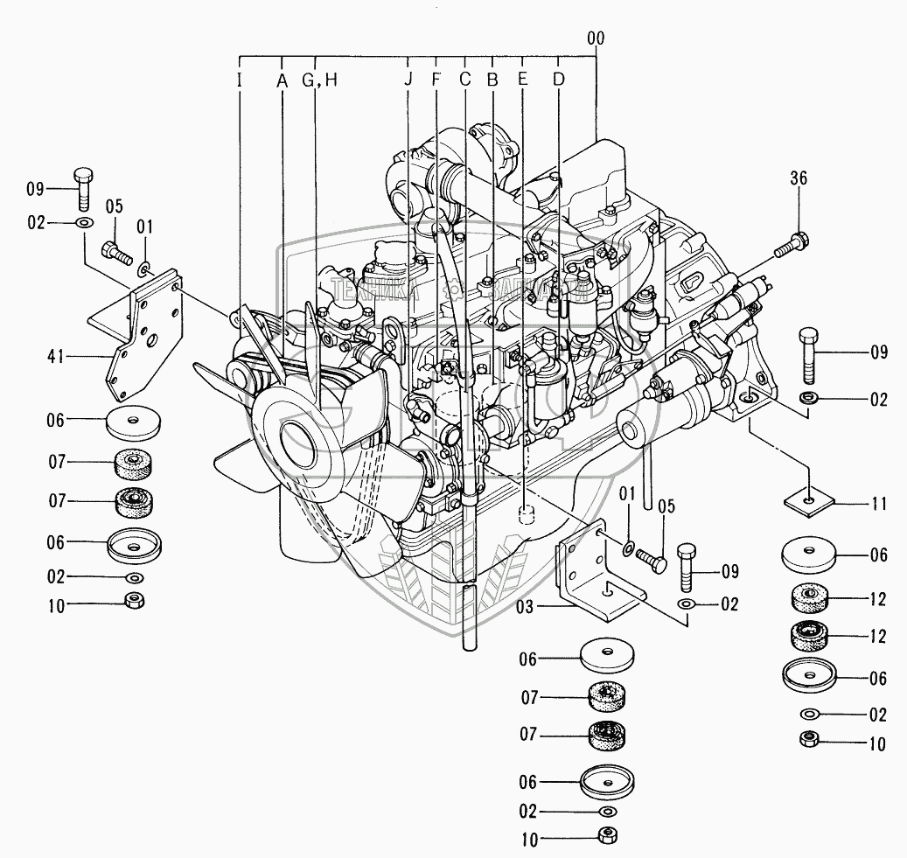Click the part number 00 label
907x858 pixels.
click(597, 38)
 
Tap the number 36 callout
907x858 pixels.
click(799, 178)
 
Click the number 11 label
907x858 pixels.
click(878, 504)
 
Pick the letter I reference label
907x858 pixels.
click(240, 80)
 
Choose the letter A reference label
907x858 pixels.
click(282, 80)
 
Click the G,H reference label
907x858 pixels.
click(319, 80)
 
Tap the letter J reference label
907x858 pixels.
click(408, 80)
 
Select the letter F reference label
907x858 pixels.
click(436, 80)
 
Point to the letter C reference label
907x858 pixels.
click(464, 80)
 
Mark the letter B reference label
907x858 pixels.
click(492, 80)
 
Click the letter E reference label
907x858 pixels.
click(523, 80)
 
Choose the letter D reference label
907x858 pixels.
click(559, 80)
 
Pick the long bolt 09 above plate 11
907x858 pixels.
click(809, 354)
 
